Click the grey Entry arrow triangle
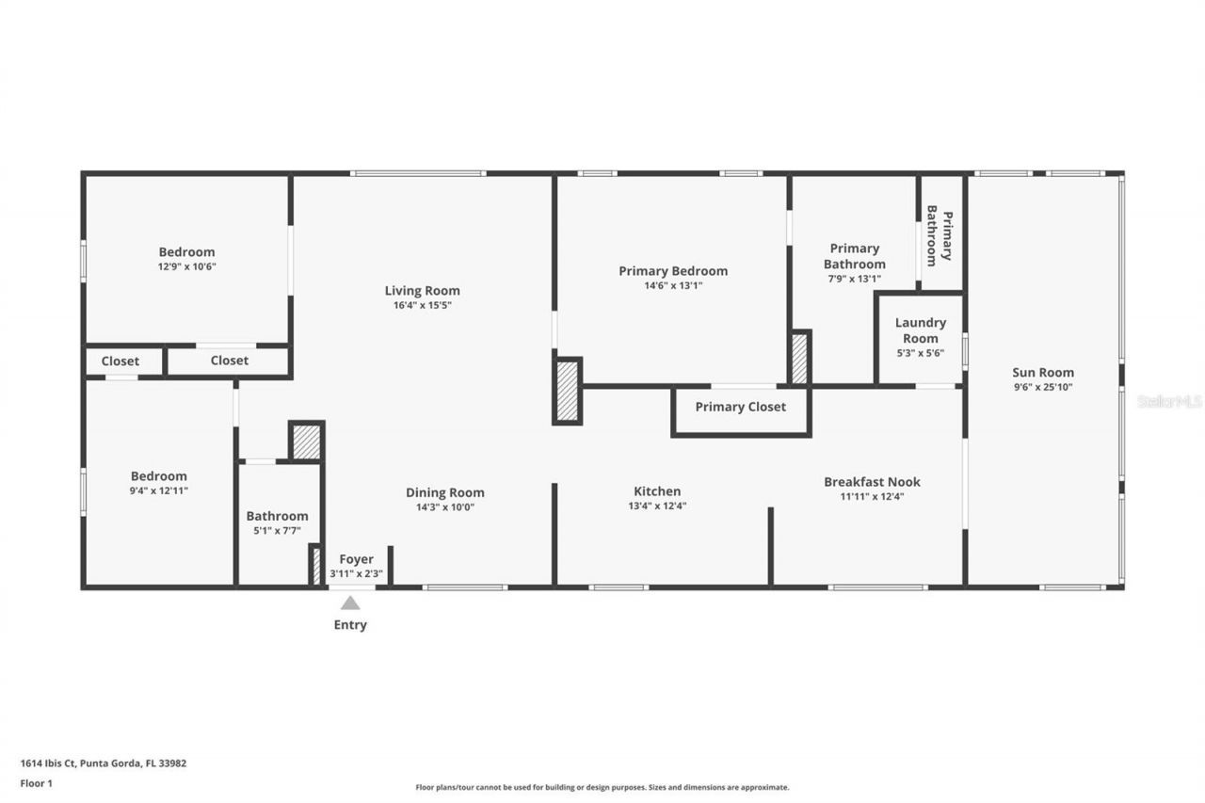(x=350, y=603)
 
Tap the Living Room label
(x=422, y=290)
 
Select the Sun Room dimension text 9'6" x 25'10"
(x=1042, y=387)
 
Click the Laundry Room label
(x=920, y=330)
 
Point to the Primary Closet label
(x=740, y=407)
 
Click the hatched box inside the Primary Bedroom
(x=799, y=359)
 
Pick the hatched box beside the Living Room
(x=567, y=391)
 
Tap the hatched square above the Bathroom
(x=306, y=442)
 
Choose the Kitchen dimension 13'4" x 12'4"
(x=656, y=506)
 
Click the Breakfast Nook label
(x=872, y=481)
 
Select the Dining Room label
(x=444, y=492)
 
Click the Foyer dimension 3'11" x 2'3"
(x=356, y=573)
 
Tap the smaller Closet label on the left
(x=120, y=361)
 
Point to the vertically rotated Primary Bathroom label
(x=940, y=235)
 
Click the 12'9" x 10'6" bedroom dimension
(x=186, y=266)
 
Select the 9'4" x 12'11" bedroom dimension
(x=158, y=490)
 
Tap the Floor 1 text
(x=37, y=783)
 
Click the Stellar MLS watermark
(x=1169, y=401)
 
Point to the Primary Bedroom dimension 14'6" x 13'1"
(x=672, y=285)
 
